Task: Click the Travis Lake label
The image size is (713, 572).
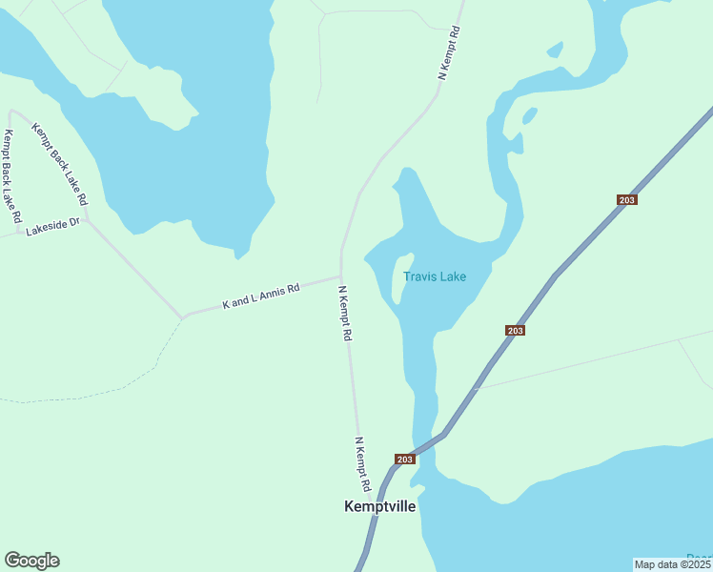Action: (435, 277)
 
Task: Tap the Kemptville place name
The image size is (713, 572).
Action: (379, 507)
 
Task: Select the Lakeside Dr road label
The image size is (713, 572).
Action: (53, 228)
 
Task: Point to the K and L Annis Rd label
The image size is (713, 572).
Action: (261, 296)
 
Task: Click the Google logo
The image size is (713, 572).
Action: (31, 561)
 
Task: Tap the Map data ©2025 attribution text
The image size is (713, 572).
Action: (672, 564)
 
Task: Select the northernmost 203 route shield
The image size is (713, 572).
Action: (626, 199)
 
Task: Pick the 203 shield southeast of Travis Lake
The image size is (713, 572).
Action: (515, 330)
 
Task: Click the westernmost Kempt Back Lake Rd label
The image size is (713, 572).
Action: (12, 176)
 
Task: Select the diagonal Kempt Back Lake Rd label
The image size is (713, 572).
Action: (60, 164)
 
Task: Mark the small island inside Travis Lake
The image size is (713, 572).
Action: (402, 276)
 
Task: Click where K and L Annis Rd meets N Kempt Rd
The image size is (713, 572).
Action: (341, 277)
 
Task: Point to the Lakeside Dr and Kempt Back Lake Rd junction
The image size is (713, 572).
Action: (87, 220)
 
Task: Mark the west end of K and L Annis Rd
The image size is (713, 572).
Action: (183, 317)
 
